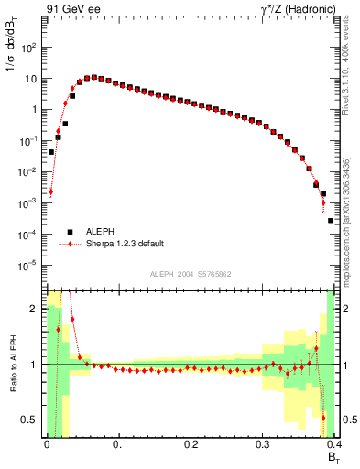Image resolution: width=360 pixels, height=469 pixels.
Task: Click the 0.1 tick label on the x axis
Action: pyautogui.click(x=118, y=446)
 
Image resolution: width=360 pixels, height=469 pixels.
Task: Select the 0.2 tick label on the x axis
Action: pyautogui.click(x=191, y=446)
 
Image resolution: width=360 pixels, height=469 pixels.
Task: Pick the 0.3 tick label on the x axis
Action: pyautogui.click(x=263, y=446)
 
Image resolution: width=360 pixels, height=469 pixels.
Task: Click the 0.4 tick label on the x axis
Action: pyautogui.click(x=333, y=446)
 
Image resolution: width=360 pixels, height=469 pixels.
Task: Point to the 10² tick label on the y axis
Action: pyautogui.click(x=29, y=47)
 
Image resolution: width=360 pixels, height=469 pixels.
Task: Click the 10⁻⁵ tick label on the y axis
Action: pyautogui.click(x=29, y=266)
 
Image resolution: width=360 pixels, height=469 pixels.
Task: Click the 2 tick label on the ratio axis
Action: pyautogui.click(x=37, y=309)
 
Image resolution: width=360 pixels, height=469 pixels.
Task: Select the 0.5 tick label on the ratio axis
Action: pyautogui.click(x=33, y=420)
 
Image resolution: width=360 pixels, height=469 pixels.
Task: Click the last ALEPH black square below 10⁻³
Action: pyautogui.click(x=331, y=221)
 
